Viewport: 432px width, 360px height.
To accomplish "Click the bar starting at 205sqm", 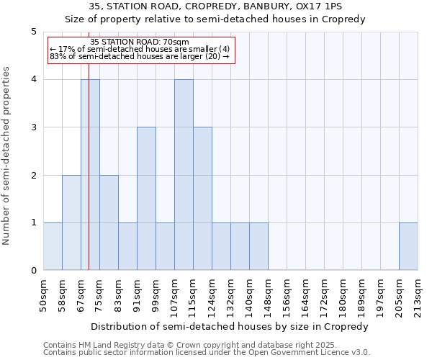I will (408, 247).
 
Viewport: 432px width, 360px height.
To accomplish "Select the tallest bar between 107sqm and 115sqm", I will (184, 175).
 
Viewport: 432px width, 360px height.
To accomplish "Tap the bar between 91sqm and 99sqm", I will (146, 199).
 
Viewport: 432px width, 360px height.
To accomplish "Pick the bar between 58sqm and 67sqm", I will (71, 222).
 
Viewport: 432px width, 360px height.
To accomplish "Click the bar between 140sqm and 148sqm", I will (258, 247).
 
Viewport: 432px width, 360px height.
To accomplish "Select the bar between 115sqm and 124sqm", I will (202, 199).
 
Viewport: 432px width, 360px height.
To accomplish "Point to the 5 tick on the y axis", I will (34, 32).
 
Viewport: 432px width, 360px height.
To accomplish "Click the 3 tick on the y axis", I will (34, 127).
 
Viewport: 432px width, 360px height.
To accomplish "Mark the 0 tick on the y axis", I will (34, 271).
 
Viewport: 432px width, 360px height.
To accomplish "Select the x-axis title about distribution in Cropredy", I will (230, 326).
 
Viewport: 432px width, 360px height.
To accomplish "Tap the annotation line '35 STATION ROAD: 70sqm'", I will (140, 42).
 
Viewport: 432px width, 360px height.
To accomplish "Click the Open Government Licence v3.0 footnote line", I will (207, 353).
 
